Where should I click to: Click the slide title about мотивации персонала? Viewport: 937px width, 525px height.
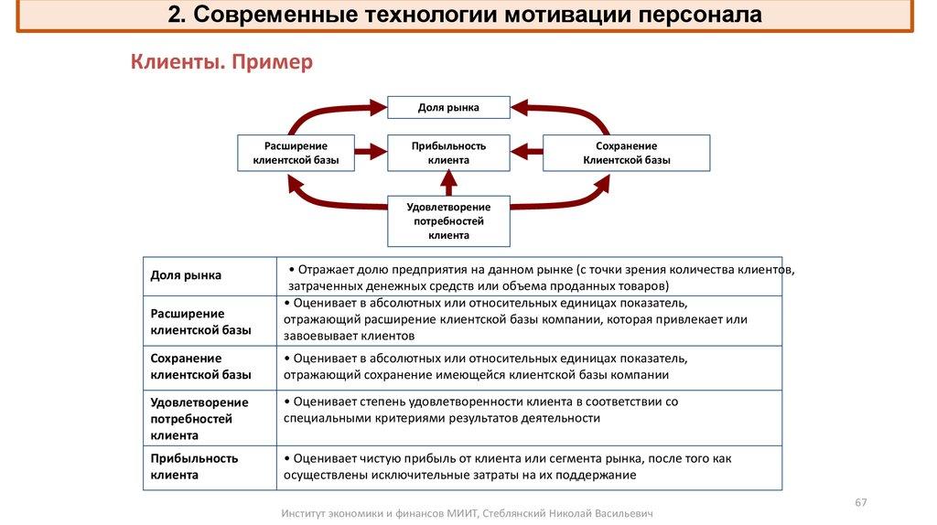465,16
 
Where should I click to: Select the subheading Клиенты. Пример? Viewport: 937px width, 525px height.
221,62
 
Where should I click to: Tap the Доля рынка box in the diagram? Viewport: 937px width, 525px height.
448,107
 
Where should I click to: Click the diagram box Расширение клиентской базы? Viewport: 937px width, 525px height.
296,153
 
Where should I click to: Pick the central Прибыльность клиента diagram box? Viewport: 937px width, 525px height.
448,153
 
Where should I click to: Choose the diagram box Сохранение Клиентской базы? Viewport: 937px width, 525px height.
626,153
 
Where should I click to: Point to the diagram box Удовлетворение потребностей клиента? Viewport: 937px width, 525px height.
448,220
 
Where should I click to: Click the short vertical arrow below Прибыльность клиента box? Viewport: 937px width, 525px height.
448,184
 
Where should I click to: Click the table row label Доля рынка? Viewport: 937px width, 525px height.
186,275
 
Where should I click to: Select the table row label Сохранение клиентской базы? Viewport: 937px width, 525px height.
201,366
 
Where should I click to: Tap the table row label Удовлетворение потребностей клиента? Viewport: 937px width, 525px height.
199,419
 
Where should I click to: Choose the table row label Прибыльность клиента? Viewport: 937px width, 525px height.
194,466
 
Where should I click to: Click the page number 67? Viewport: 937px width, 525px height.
860,503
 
